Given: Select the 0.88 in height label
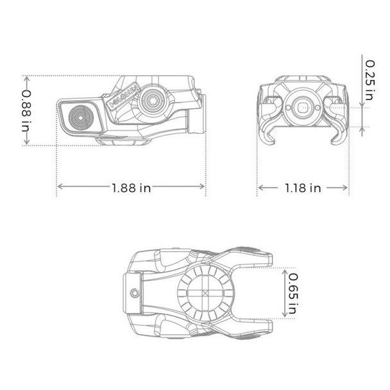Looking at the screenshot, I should click(x=26, y=110).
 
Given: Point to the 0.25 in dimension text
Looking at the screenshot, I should click(x=369, y=81).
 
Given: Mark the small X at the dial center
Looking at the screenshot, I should click(x=205, y=294).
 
